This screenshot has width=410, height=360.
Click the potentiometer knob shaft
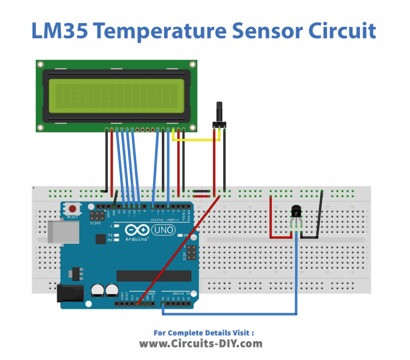click(219, 111)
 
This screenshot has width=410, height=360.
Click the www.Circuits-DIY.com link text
click(200, 343)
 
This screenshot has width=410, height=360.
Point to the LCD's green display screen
click(117, 96)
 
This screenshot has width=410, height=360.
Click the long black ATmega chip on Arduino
click(154, 275)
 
